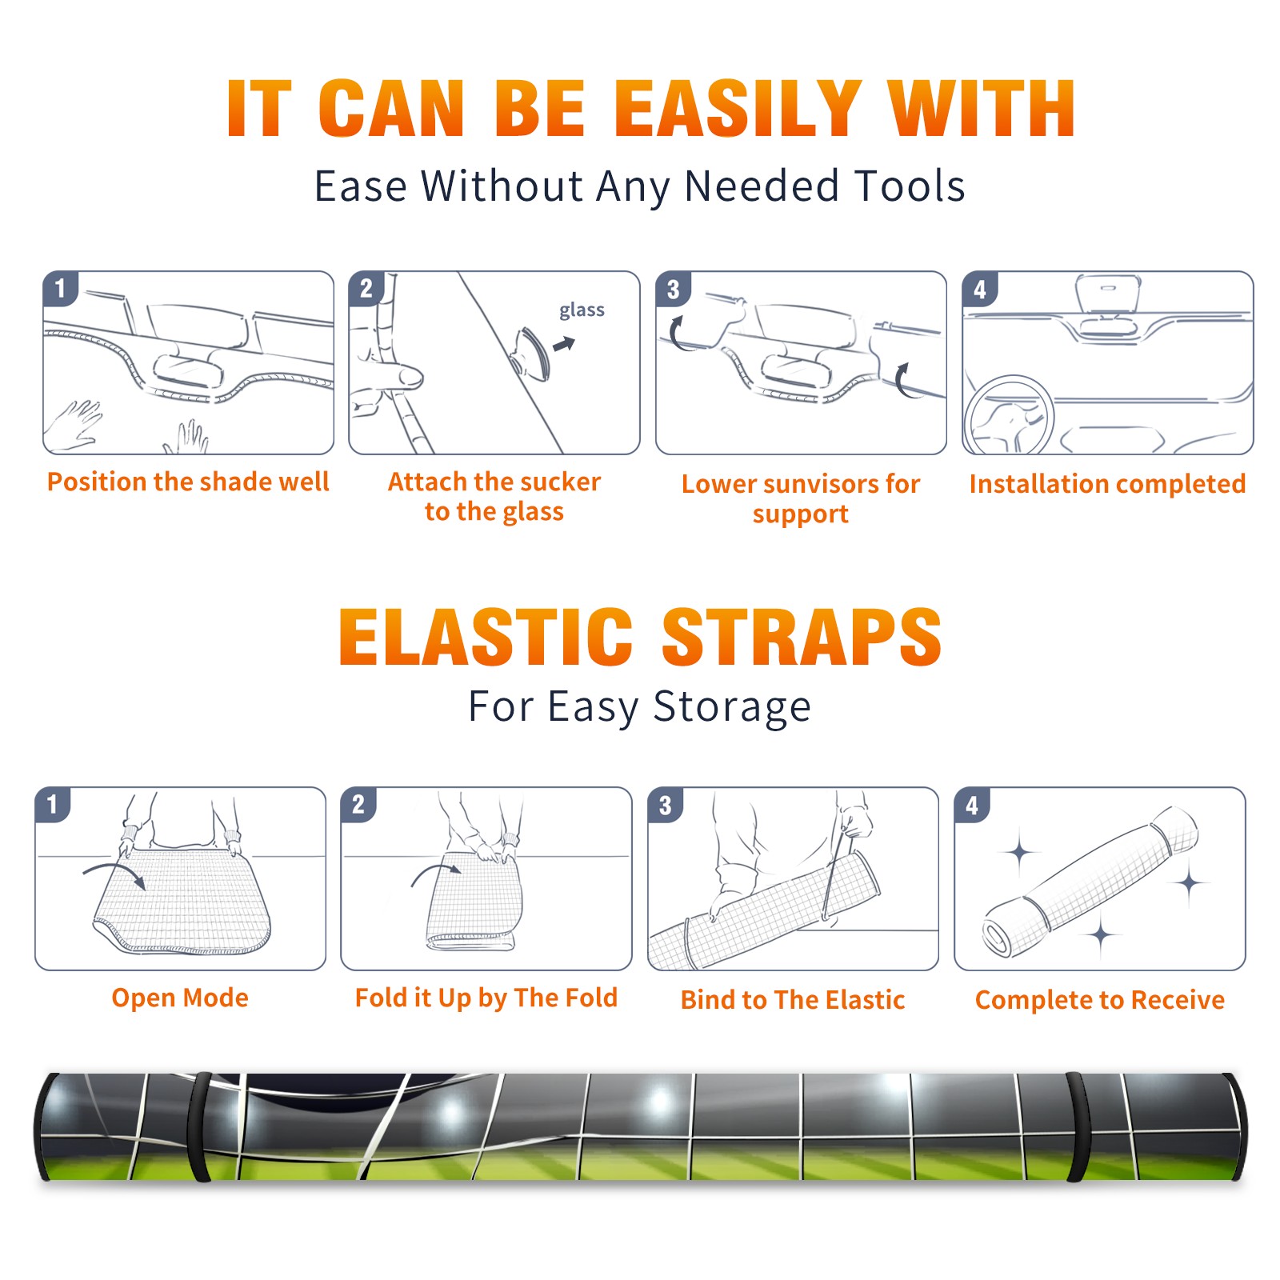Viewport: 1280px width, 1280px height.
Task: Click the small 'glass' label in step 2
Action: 582,310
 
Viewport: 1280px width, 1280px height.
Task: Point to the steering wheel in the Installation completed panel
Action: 1009,415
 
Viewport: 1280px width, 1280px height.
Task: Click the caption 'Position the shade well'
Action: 188,482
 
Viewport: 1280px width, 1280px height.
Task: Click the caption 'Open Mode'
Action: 180,998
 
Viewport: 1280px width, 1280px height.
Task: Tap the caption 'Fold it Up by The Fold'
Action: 486,998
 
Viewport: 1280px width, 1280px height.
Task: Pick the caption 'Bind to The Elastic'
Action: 793,1000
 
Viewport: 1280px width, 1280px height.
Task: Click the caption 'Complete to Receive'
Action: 1100,1000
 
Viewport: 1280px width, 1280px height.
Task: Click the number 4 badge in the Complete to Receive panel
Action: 972,805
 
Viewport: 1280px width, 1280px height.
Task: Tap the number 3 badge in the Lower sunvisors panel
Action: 673,289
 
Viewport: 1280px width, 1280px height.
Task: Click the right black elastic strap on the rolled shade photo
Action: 1079,1126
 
